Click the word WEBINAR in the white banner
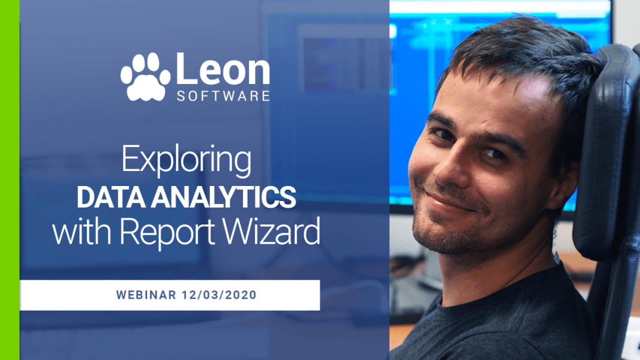click(x=145, y=295)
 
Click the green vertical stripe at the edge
click(x=10, y=180)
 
